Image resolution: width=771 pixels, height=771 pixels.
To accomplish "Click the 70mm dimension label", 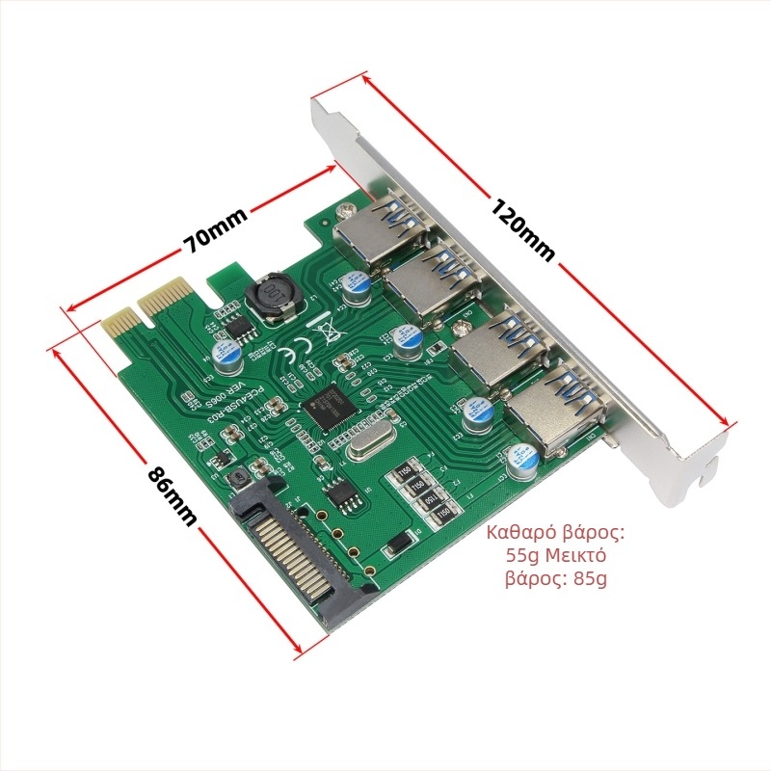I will click(216, 229).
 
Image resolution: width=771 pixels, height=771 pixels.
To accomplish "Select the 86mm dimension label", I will click(172, 495).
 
